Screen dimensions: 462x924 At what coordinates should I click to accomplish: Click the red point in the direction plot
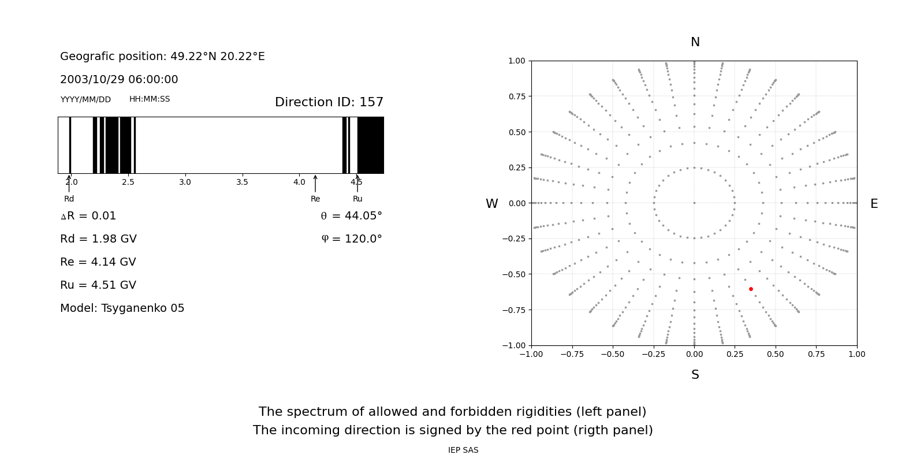pyautogui.click(x=751, y=289)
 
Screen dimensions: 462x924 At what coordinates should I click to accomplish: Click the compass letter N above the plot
pyautogui.click(x=695, y=42)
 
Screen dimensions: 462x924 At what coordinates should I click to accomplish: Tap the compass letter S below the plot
pyautogui.click(x=695, y=375)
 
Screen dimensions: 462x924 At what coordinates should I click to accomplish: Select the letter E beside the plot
pyautogui.click(x=874, y=204)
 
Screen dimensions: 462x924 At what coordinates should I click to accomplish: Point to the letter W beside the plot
pyautogui.click(x=491, y=204)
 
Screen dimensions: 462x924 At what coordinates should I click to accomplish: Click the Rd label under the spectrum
pyautogui.click(x=69, y=199)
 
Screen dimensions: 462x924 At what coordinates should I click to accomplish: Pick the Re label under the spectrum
pyautogui.click(x=315, y=199)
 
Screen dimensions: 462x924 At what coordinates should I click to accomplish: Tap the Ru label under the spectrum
pyautogui.click(x=357, y=199)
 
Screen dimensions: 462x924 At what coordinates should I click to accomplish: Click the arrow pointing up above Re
pyautogui.click(x=315, y=184)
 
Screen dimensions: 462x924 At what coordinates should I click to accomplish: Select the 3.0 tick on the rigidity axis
pyautogui.click(x=185, y=182)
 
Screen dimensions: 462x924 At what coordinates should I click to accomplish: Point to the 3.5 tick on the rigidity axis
pyautogui.click(x=242, y=182)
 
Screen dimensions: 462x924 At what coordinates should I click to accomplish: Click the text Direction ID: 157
pyautogui.click(x=329, y=102)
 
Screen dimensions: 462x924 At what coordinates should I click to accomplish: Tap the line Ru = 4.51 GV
pyautogui.click(x=98, y=285)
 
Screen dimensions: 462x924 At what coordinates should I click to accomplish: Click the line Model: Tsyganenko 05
pyautogui.click(x=122, y=308)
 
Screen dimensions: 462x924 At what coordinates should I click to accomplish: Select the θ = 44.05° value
pyautogui.click(x=352, y=216)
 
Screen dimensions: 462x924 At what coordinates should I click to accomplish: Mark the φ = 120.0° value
pyautogui.click(x=352, y=239)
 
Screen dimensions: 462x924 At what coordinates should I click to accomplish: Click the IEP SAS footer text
pyautogui.click(x=463, y=450)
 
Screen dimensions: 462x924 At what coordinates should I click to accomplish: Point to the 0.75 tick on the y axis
pyautogui.click(x=517, y=96)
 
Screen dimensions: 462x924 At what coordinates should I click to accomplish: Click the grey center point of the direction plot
pyautogui.click(x=694, y=203)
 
